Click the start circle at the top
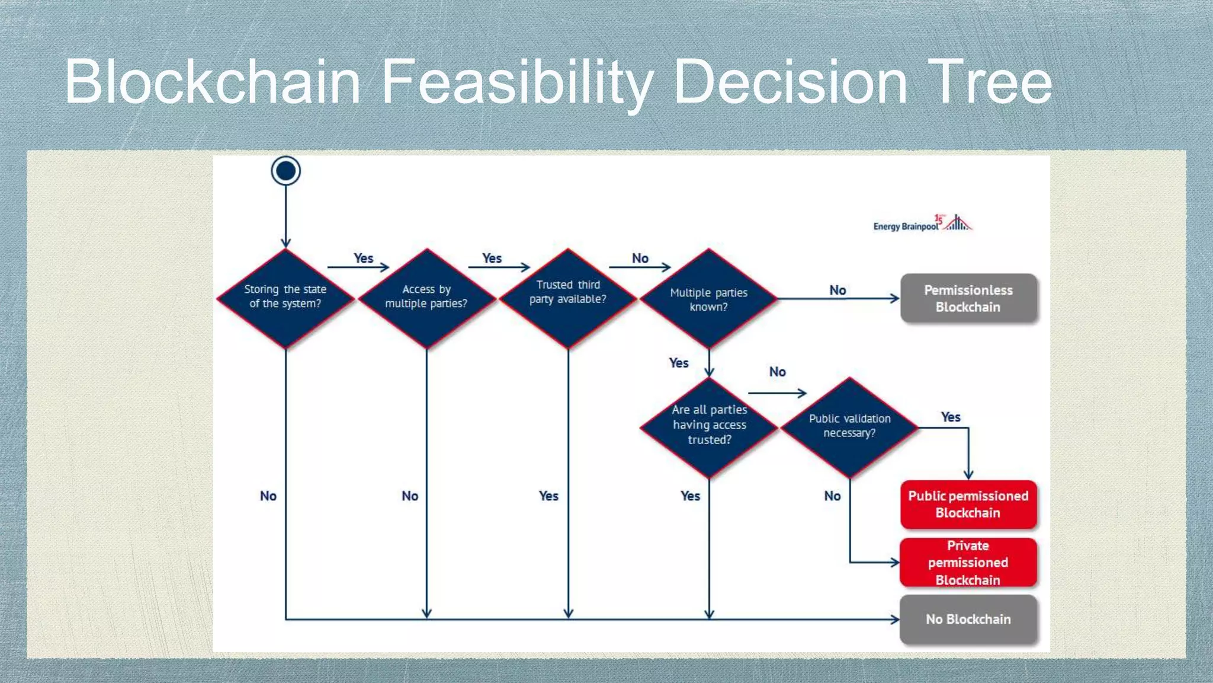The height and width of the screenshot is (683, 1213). (285, 171)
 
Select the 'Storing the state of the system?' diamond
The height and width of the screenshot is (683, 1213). (285, 298)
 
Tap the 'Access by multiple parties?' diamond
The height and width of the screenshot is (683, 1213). (426, 298)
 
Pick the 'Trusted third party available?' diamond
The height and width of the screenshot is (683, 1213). (568, 298)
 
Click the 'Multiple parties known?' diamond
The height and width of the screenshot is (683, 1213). (709, 299)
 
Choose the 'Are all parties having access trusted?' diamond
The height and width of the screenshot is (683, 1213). (709, 426)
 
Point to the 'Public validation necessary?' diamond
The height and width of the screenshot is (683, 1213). (850, 426)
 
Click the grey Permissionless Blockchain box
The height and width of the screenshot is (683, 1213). (968, 298)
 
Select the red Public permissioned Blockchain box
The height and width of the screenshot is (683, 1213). (968, 505)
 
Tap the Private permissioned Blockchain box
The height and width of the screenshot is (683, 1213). (968, 563)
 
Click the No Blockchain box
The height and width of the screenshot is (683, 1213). (968, 620)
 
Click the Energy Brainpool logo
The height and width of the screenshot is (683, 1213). (922, 224)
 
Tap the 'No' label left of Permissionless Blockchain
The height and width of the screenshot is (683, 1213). (837, 290)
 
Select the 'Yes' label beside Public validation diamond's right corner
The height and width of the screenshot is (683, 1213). (951, 417)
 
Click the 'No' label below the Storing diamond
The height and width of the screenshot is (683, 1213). (268, 496)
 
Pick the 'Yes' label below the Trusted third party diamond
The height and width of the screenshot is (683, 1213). (548, 496)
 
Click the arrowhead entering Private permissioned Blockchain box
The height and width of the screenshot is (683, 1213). (895, 562)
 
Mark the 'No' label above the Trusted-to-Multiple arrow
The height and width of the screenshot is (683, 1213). (640, 258)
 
